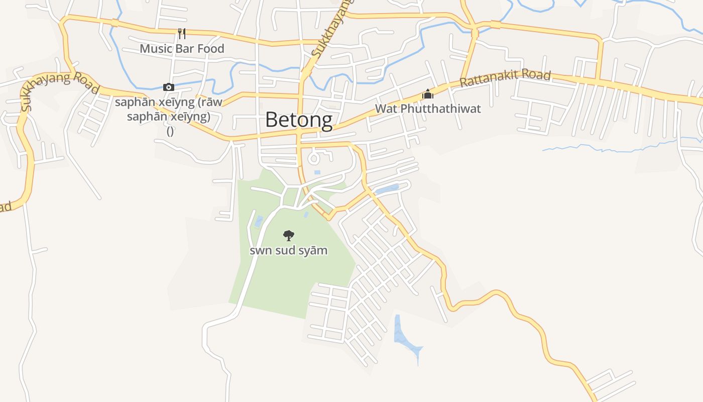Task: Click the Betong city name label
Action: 298,120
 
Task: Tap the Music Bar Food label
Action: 182,49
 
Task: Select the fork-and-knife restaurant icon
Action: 182,34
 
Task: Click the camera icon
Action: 169,87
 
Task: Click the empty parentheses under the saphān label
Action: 170,131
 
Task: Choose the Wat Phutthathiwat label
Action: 428,109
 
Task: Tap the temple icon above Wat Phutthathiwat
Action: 428,94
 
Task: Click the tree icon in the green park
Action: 288,235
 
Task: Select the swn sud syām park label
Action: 288,250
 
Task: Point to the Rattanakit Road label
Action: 505,78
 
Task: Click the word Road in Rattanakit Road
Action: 536,76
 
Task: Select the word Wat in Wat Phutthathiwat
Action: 385,109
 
